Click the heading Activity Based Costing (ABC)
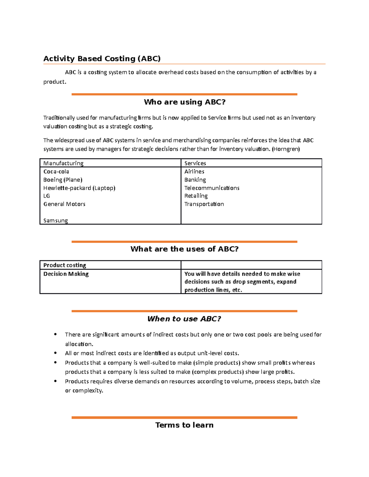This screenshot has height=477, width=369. (102, 59)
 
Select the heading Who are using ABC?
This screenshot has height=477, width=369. (184, 102)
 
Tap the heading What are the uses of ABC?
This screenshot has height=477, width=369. (184, 249)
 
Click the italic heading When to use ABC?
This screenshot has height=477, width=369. (184, 319)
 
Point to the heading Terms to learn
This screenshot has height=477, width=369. (184, 425)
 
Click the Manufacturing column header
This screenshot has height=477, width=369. (63, 163)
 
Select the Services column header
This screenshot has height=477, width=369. (195, 163)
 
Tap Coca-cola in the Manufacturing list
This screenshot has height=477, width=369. (56, 171)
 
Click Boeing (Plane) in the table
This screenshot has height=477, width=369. (63, 180)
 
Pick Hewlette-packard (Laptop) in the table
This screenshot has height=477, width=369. (79, 188)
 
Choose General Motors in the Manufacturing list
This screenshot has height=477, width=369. (64, 204)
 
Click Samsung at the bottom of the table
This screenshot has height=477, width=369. (55, 220)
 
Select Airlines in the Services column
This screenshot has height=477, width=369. (194, 171)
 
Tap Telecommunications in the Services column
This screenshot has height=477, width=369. (212, 188)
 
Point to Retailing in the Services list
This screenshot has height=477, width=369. (196, 196)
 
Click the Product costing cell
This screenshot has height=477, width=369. (65, 265)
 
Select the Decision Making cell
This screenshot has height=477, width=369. (66, 274)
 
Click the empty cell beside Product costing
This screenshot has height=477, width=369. (251, 265)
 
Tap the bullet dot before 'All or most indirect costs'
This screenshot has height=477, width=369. (55, 353)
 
